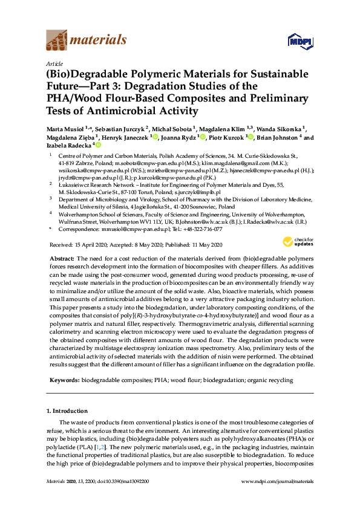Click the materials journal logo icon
point(56,41)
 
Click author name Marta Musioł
point(64,129)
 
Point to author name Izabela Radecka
point(70,146)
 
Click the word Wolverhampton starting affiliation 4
point(80,215)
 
